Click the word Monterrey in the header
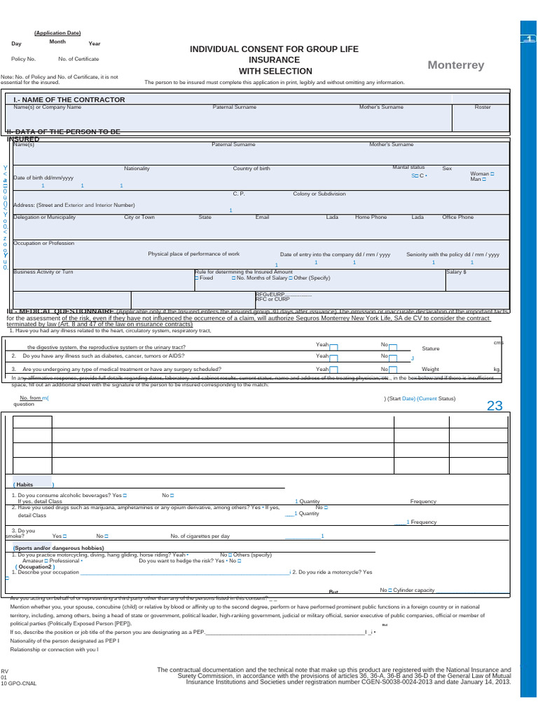pos(456,65)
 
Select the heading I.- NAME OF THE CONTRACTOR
pos(69,100)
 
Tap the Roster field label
pos(483,107)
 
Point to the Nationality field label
pos(137,169)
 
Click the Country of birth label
pos(251,169)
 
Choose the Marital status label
pos(408,168)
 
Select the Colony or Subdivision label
pos(319,194)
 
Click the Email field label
pos(262,217)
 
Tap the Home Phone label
pos(371,217)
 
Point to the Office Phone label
pos(457,217)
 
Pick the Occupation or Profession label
pos(43,243)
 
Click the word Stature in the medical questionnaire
pos(430,348)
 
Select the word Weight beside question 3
pos(430,369)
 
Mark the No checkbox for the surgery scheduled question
pos(393,370)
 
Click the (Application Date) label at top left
pos(57,33)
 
